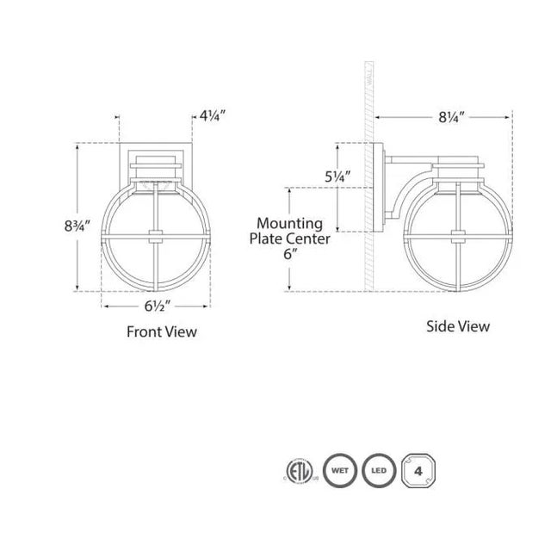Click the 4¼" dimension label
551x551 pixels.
[x=214, y=115]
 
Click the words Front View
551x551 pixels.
[x=162, y=331]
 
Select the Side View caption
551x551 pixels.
[x=458, y=326]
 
